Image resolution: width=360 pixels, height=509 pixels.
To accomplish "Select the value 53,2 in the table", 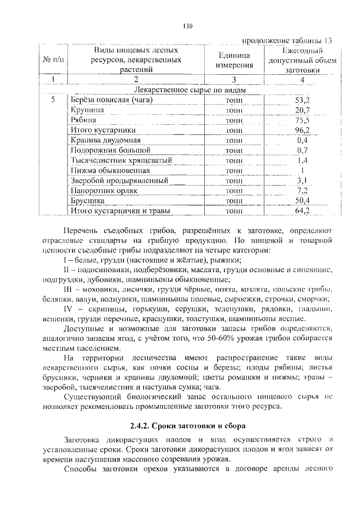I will click(x=302, y=100).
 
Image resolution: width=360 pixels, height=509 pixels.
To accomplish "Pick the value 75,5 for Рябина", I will click(x=302, y=120).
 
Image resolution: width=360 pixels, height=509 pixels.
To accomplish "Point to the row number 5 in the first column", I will click(x=52, y=100).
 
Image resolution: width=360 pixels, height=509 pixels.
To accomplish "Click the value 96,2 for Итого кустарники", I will click(x=302, y=130).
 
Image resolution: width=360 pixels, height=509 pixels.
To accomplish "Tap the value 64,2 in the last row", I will click(x=302, y=211).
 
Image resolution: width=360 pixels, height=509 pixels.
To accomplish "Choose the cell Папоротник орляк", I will click(x=101, y=191).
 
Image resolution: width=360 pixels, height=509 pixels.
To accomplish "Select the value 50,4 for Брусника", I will click(x=302, y=200).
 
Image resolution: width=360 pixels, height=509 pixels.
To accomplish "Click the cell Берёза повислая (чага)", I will click(x=112, y=100).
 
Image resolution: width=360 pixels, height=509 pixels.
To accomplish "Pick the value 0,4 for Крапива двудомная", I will click(x=302, y=140).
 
